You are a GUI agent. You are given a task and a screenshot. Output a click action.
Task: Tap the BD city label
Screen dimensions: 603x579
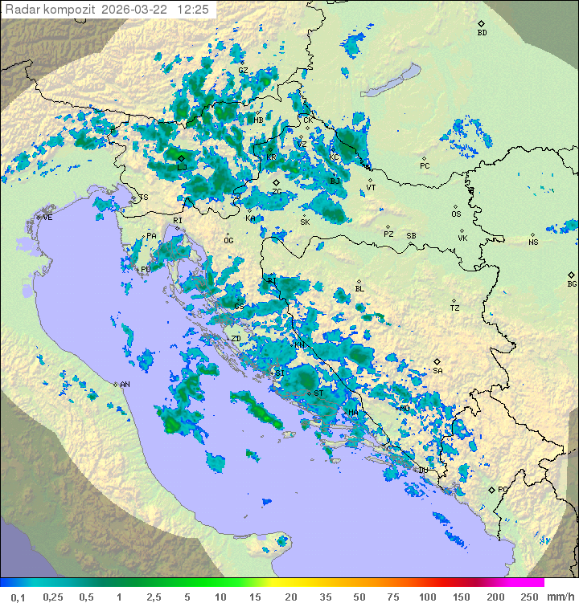482,33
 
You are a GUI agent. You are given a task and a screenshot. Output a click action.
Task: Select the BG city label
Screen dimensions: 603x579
572,284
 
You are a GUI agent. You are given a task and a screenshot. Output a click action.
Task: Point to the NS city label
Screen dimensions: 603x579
533,242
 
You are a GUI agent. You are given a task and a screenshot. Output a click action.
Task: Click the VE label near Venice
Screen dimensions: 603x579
47,218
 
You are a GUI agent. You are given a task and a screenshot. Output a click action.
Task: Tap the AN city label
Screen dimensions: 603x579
125,385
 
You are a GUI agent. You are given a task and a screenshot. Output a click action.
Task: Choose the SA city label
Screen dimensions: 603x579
437,371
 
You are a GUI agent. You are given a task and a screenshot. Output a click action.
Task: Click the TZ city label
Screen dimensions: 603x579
455,308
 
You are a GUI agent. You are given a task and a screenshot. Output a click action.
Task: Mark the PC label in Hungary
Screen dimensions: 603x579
425,166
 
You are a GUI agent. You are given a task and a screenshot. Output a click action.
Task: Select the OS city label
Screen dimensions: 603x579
456,214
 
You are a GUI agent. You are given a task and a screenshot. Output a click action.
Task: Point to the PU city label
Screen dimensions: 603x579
146,270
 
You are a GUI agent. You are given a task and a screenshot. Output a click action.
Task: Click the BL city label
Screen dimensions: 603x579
359,289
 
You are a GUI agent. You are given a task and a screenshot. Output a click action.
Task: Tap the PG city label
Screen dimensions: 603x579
503,489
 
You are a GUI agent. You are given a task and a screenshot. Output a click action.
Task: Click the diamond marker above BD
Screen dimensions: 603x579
482,24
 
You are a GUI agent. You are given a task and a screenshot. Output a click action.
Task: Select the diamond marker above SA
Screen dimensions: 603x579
437,361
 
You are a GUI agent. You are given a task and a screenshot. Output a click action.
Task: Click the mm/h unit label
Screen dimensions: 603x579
560,597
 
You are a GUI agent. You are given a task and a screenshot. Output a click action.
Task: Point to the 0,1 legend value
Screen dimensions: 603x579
18,597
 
